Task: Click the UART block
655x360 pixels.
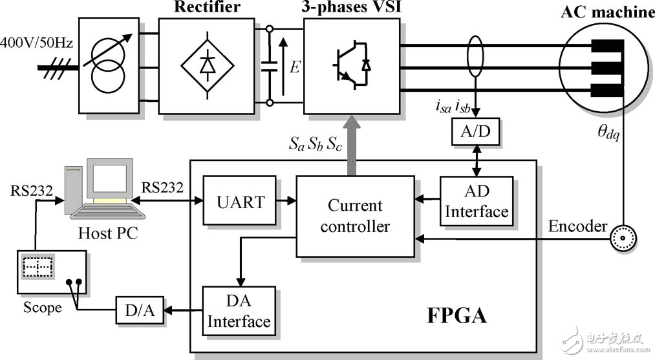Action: click(240, 200)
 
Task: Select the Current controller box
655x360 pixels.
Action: click(355, 216)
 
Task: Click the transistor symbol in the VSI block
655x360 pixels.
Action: click(351, 65)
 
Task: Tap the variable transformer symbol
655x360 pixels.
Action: click(108, 65)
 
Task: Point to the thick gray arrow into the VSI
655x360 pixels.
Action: click(352, 148)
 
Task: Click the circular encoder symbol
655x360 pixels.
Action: click(624, 238)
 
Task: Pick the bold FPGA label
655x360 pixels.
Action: click(456, 317)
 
